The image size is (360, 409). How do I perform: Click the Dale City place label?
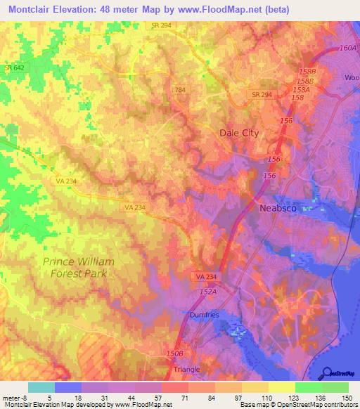240,133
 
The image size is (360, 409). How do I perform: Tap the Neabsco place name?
279,209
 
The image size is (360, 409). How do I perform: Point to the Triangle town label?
187,369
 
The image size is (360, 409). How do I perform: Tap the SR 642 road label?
14,67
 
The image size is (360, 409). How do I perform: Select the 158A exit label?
301,89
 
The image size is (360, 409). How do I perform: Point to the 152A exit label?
207,290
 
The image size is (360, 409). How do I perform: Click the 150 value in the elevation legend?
345,398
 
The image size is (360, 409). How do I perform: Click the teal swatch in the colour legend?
41,387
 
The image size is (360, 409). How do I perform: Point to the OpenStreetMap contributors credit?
317,405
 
